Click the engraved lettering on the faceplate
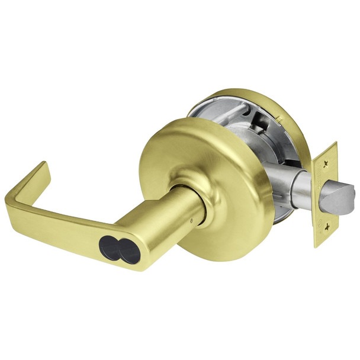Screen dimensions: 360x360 coord(325,178)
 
